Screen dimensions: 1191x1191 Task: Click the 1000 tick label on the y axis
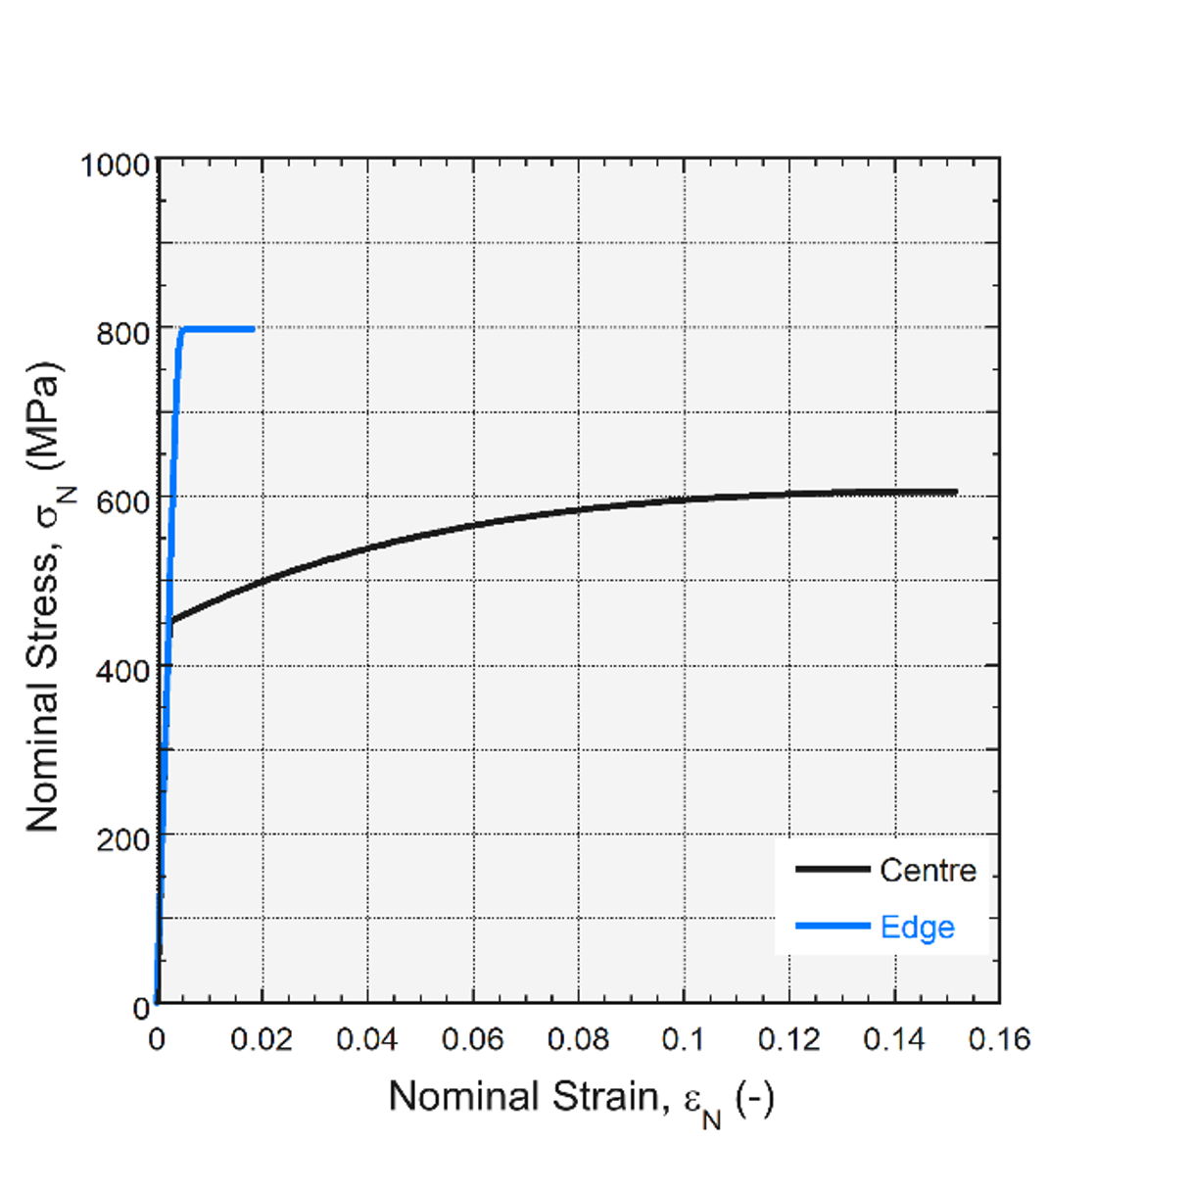(x=116, y=166)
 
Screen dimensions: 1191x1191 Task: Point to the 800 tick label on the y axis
(x=123, y=333)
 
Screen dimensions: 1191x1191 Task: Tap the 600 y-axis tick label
(x=123, y=501)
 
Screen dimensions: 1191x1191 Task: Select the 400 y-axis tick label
(x=123, y=671)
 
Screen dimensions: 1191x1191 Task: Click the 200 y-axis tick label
(x=123, y=840)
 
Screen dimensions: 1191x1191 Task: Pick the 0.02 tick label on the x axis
(x=262, y=1039)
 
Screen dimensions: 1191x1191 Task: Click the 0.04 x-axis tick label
(x=367, y=1039)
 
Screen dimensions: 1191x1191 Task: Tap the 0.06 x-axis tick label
(x=473, y=1039)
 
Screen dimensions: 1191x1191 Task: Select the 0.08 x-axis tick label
(x=579, y=1039)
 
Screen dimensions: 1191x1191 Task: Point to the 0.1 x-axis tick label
(x=683, y=1039)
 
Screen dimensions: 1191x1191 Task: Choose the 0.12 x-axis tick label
(x=789, y=1039)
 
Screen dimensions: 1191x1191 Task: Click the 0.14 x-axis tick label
(x=894, y=1039)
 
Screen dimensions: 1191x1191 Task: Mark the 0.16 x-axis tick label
(x=1000, y=1039)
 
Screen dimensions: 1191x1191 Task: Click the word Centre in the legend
(x=929, y=870)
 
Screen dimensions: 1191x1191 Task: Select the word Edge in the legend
(x=918, y=928)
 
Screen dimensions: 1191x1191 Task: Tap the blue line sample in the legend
(x=833, y=926)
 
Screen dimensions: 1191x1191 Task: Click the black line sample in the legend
(x=833, y=869)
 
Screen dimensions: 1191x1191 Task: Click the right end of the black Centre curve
(x=957, y=492)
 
